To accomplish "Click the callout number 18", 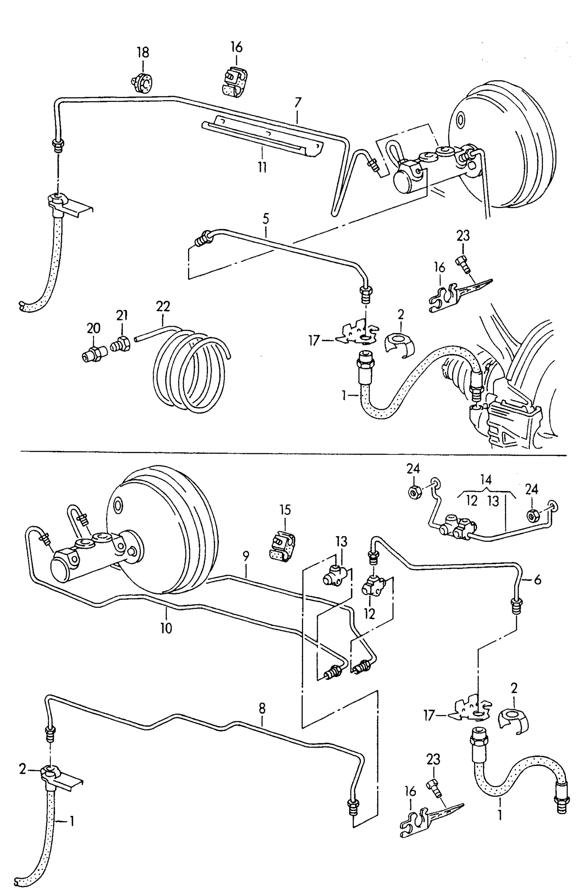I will pyautogui.click(x=143, y=53).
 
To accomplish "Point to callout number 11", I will pyautogui.click(x=262, y=167).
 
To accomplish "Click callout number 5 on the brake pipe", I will pyautogui.click(x=266, y=219).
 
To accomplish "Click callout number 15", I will pyautogui.click(x=285, y=510).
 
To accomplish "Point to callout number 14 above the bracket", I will pyautogui.click(x=486, y=479).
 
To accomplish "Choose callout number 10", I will pyautogui.click(x=166, y=629).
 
